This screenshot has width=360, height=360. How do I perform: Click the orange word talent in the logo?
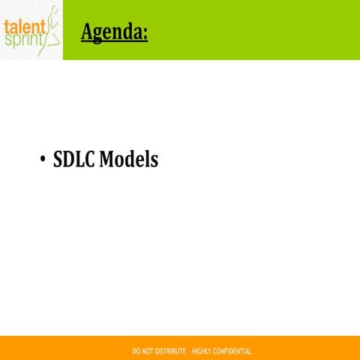(x=23, y=26)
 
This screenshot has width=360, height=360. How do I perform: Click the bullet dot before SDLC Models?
(x=42, y=160)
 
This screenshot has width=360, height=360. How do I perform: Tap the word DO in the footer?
(x=136, y=351)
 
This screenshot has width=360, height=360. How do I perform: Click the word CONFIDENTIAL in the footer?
(x=233, y=351)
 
